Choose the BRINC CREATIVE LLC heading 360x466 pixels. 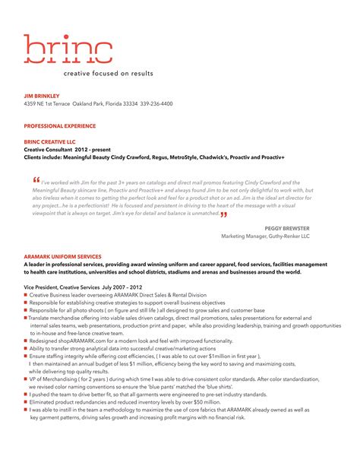pyautogui.click(x=50, y=142)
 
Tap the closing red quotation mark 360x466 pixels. pyautogui.click(x=224, y=214)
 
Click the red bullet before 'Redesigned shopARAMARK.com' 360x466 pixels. pyautogui.click(x=26, y=341)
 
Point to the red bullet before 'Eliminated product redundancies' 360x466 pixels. pyautogui.click(x=26, y=402)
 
